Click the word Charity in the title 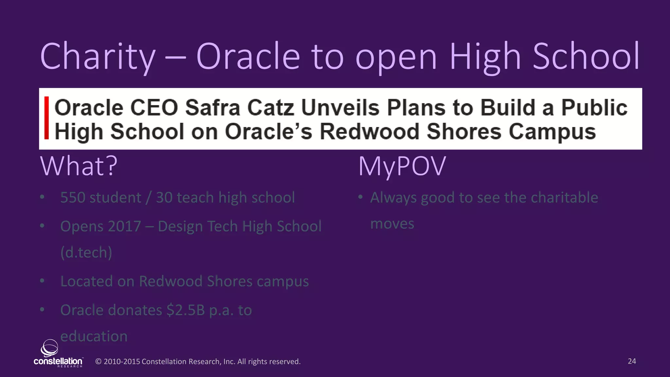click(97, 56)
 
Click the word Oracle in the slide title click(248, 56)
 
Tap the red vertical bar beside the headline click(47, 118)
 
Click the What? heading click(79, 166)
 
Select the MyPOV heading click(402, 166)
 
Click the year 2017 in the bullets click(124, 226)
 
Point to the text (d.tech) click(86, 253)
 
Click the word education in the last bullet click(94, 336)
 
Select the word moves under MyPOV click(392, 224)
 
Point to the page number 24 click(632, 361)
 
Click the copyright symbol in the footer click(98, 362)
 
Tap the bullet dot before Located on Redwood click(42, 281)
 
